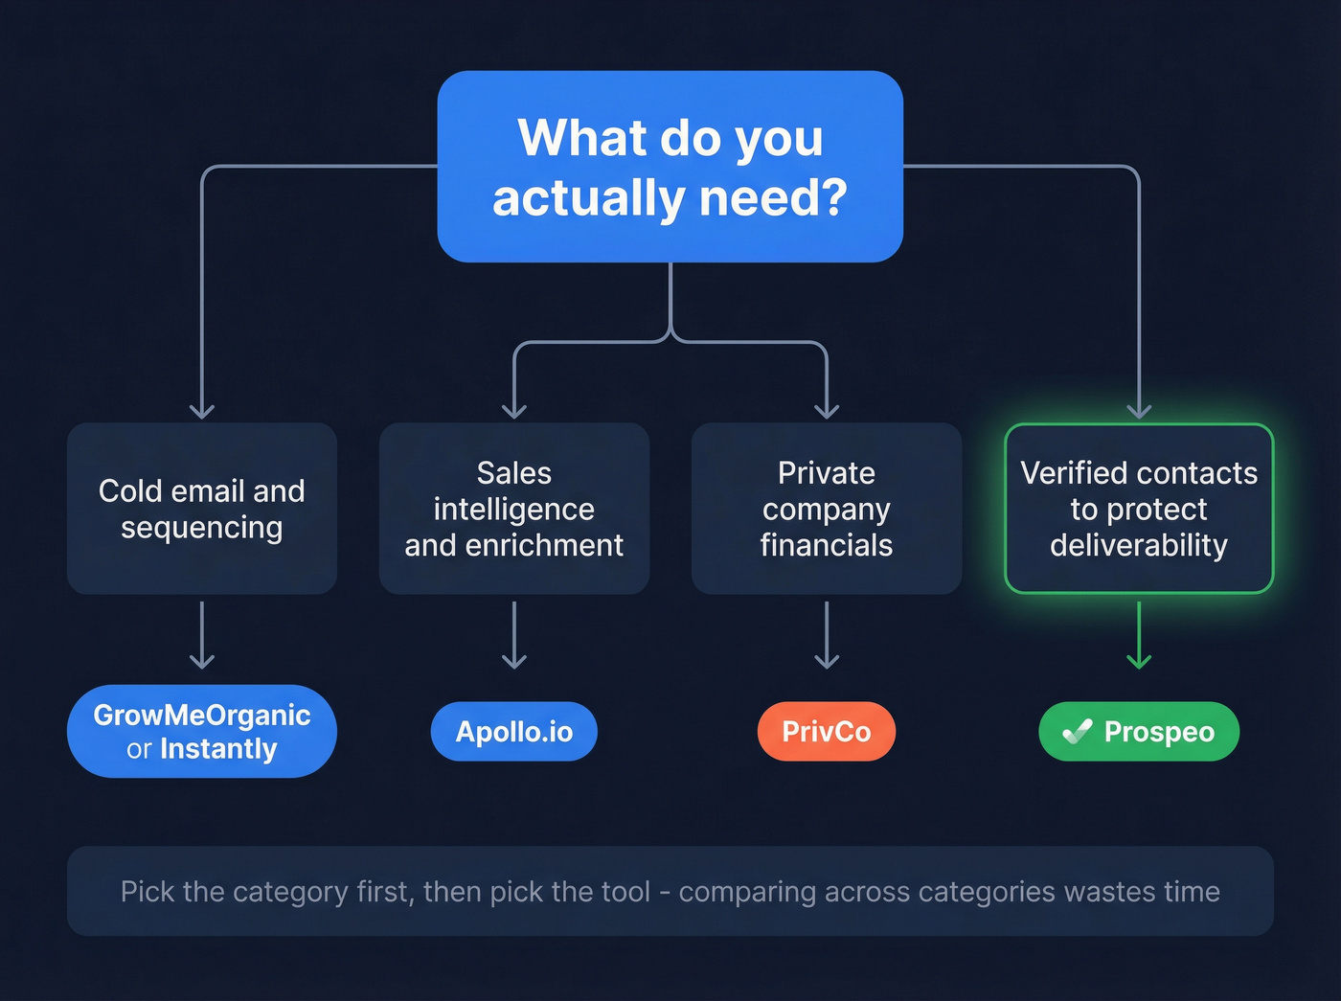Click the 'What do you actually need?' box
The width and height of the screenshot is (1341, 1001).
(670, 167)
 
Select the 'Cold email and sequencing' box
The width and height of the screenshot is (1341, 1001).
(201, 509)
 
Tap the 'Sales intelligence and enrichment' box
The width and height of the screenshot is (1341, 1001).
(513, 509)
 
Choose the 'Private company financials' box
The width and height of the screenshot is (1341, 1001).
(826, 509)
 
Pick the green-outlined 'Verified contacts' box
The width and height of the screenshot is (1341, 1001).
(1138, 509)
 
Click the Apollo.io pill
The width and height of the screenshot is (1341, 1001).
(513, 732)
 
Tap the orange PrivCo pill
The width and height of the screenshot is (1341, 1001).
(826, 732)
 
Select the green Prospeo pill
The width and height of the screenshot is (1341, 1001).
(1138, 732)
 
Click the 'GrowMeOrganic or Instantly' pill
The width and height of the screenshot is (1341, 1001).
(201, 732)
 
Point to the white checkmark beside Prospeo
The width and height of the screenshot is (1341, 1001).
(1078, 732)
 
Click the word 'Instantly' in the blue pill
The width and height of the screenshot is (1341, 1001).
(218, 749)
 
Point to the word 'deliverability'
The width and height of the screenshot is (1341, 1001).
(1138, 545)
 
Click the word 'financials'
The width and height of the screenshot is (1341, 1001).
(826, 545)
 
